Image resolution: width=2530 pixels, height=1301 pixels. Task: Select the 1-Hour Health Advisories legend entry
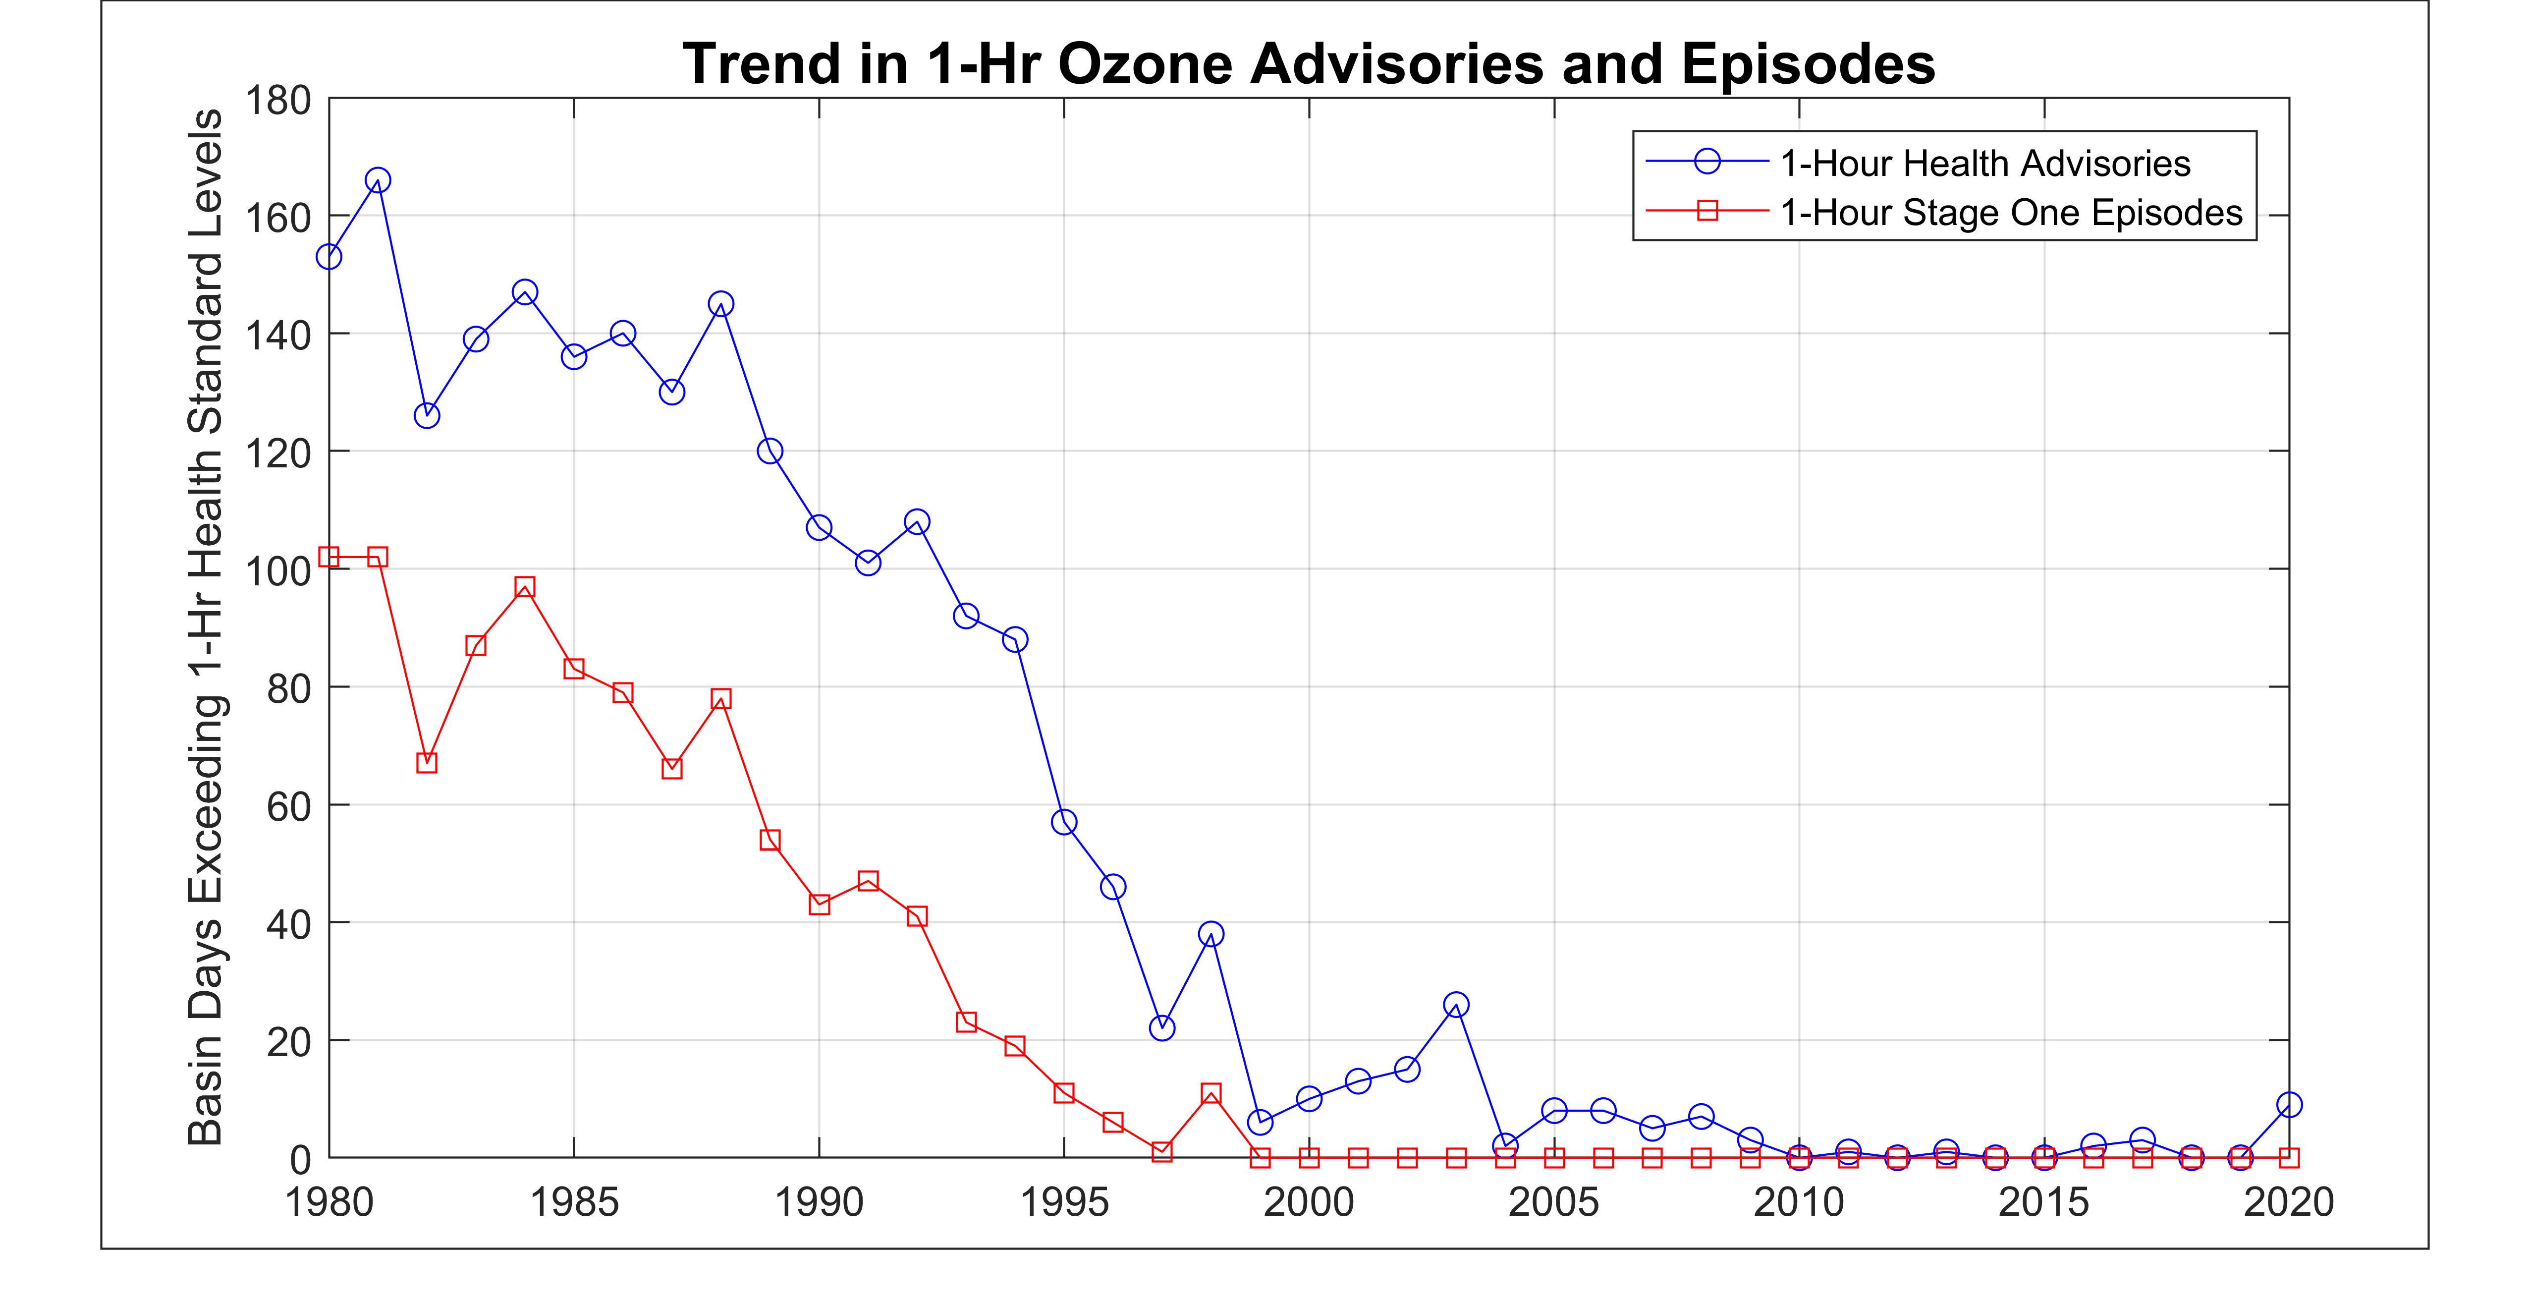[1984, 163]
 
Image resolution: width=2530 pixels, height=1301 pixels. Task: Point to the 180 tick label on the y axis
[278, 100]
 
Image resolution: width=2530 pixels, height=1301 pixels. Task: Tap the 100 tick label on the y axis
[278, 570]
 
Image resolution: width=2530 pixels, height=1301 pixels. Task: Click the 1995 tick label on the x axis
[1064, 1202]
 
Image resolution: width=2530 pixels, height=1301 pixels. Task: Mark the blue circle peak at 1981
[378, 180]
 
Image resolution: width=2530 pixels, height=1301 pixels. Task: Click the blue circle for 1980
[329, 256]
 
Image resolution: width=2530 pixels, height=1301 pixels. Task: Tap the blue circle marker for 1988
[721, 304]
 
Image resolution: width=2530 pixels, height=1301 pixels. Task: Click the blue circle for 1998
[1211, 933]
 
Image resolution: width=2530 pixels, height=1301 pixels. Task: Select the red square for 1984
[524, 587]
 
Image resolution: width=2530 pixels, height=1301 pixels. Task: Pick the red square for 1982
[426, 763]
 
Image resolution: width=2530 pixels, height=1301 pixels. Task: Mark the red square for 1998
[1211, 1093]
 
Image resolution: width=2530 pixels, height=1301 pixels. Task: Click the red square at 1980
[329, 557]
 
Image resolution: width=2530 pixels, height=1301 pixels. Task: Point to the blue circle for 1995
[1064, 821]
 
